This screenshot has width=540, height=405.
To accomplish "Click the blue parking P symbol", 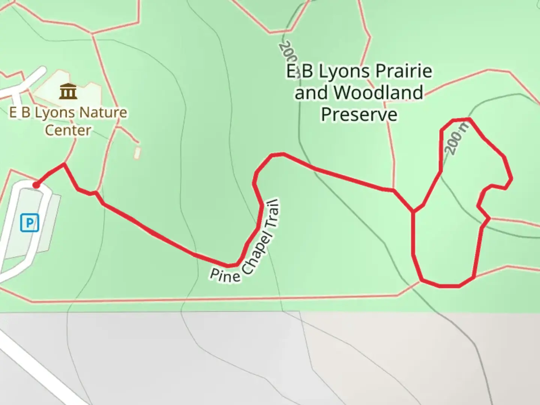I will (x=30, y=223).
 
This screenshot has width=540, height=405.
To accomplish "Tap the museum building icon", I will (x=68, y=91).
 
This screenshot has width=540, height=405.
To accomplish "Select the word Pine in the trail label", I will (x=224, y=275).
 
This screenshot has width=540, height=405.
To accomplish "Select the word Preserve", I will (x=359, y=114).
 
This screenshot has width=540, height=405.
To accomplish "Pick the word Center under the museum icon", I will (x=68, y=130).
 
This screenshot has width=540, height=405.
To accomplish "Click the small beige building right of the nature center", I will (x=137, y=152).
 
